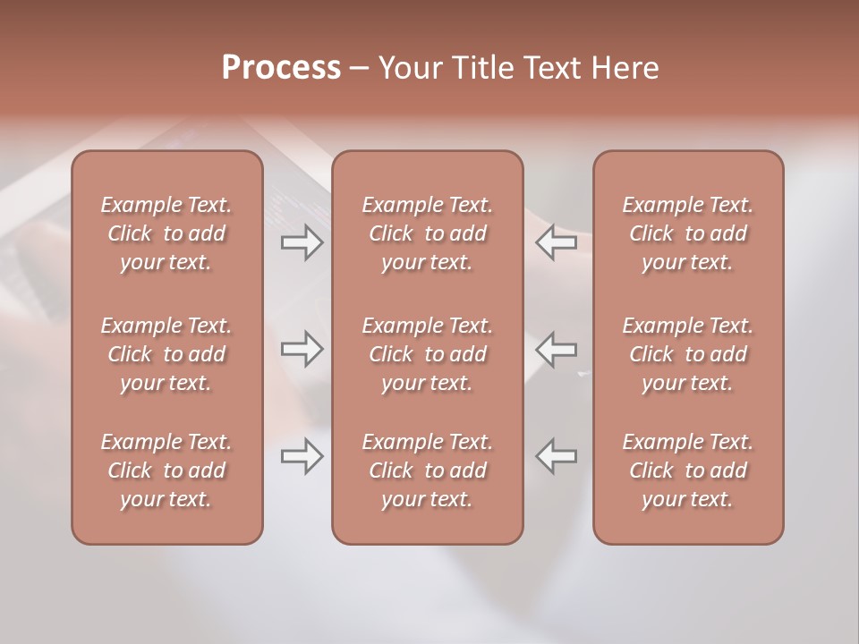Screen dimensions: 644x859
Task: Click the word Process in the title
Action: coord(281,68)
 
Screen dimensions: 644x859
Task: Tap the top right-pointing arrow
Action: coord(302,242)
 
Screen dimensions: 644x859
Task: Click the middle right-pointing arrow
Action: coord(302,349)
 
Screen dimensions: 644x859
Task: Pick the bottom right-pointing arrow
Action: coord(302,456)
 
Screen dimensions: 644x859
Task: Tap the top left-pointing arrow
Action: coord(557,242)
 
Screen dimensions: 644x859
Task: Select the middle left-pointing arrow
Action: coord(557,349)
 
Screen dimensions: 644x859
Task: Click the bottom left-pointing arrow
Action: coord(557,456)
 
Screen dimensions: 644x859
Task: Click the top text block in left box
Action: coord(166,233)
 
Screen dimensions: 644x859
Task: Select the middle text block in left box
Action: coord(166,354)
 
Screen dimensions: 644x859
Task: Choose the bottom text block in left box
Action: coord(166,470)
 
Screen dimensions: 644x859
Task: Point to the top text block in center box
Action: coord(428,233)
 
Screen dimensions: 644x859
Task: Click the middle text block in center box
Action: coord(428,354)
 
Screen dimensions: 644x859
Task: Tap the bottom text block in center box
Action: coord(428,470)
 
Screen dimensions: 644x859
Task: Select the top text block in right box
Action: coord(688,233)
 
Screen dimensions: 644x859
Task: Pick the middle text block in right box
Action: coord(688,354)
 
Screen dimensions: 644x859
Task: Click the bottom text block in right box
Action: coord(688,470)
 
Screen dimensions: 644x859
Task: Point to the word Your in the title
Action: coord(407,68)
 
